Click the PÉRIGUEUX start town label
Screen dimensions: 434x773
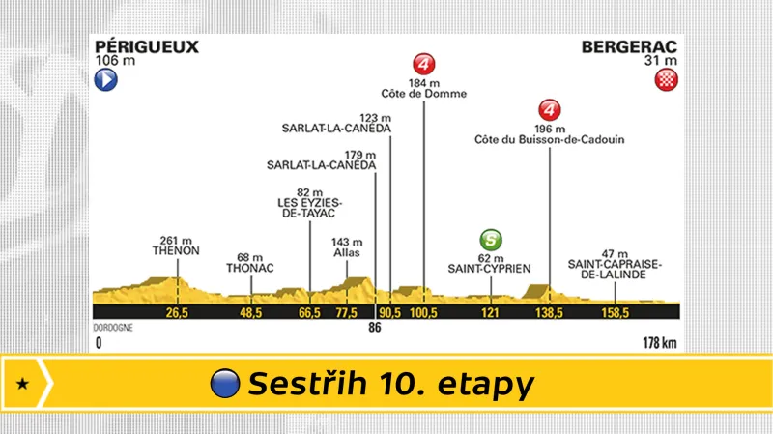pos(132,45)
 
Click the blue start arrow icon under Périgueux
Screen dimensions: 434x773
pos(105,81)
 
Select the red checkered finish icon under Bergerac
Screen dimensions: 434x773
pos(665,81)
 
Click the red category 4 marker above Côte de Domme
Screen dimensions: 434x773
pos(424,65)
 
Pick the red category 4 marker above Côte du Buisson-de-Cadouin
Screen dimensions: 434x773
pos(550,109)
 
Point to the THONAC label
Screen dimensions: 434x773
pos(250,267)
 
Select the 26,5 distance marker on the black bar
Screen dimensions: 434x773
pos(176,312)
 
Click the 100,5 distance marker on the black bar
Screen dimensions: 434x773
pos(424,312)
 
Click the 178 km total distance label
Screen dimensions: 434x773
pos(662,341)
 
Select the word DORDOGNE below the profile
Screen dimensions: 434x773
pos(113,327)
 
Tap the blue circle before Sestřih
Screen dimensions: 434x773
pos(225,384)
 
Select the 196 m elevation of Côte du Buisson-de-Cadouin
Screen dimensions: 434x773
pos(549,128)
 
